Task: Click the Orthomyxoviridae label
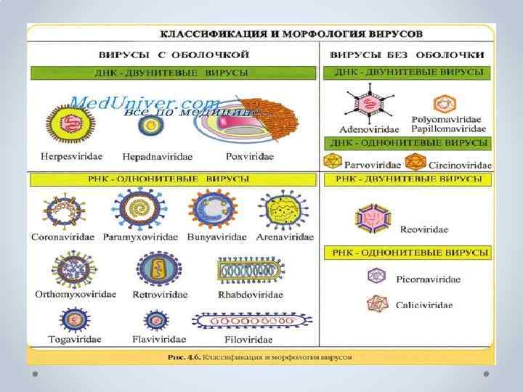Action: click(x=76, y=294)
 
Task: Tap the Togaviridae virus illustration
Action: click(x=75, y=320)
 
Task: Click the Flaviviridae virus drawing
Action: click(x=156, y=320)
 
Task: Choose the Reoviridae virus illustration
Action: click(x=373, y=219)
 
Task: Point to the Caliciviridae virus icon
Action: click(x=377, y=303)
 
